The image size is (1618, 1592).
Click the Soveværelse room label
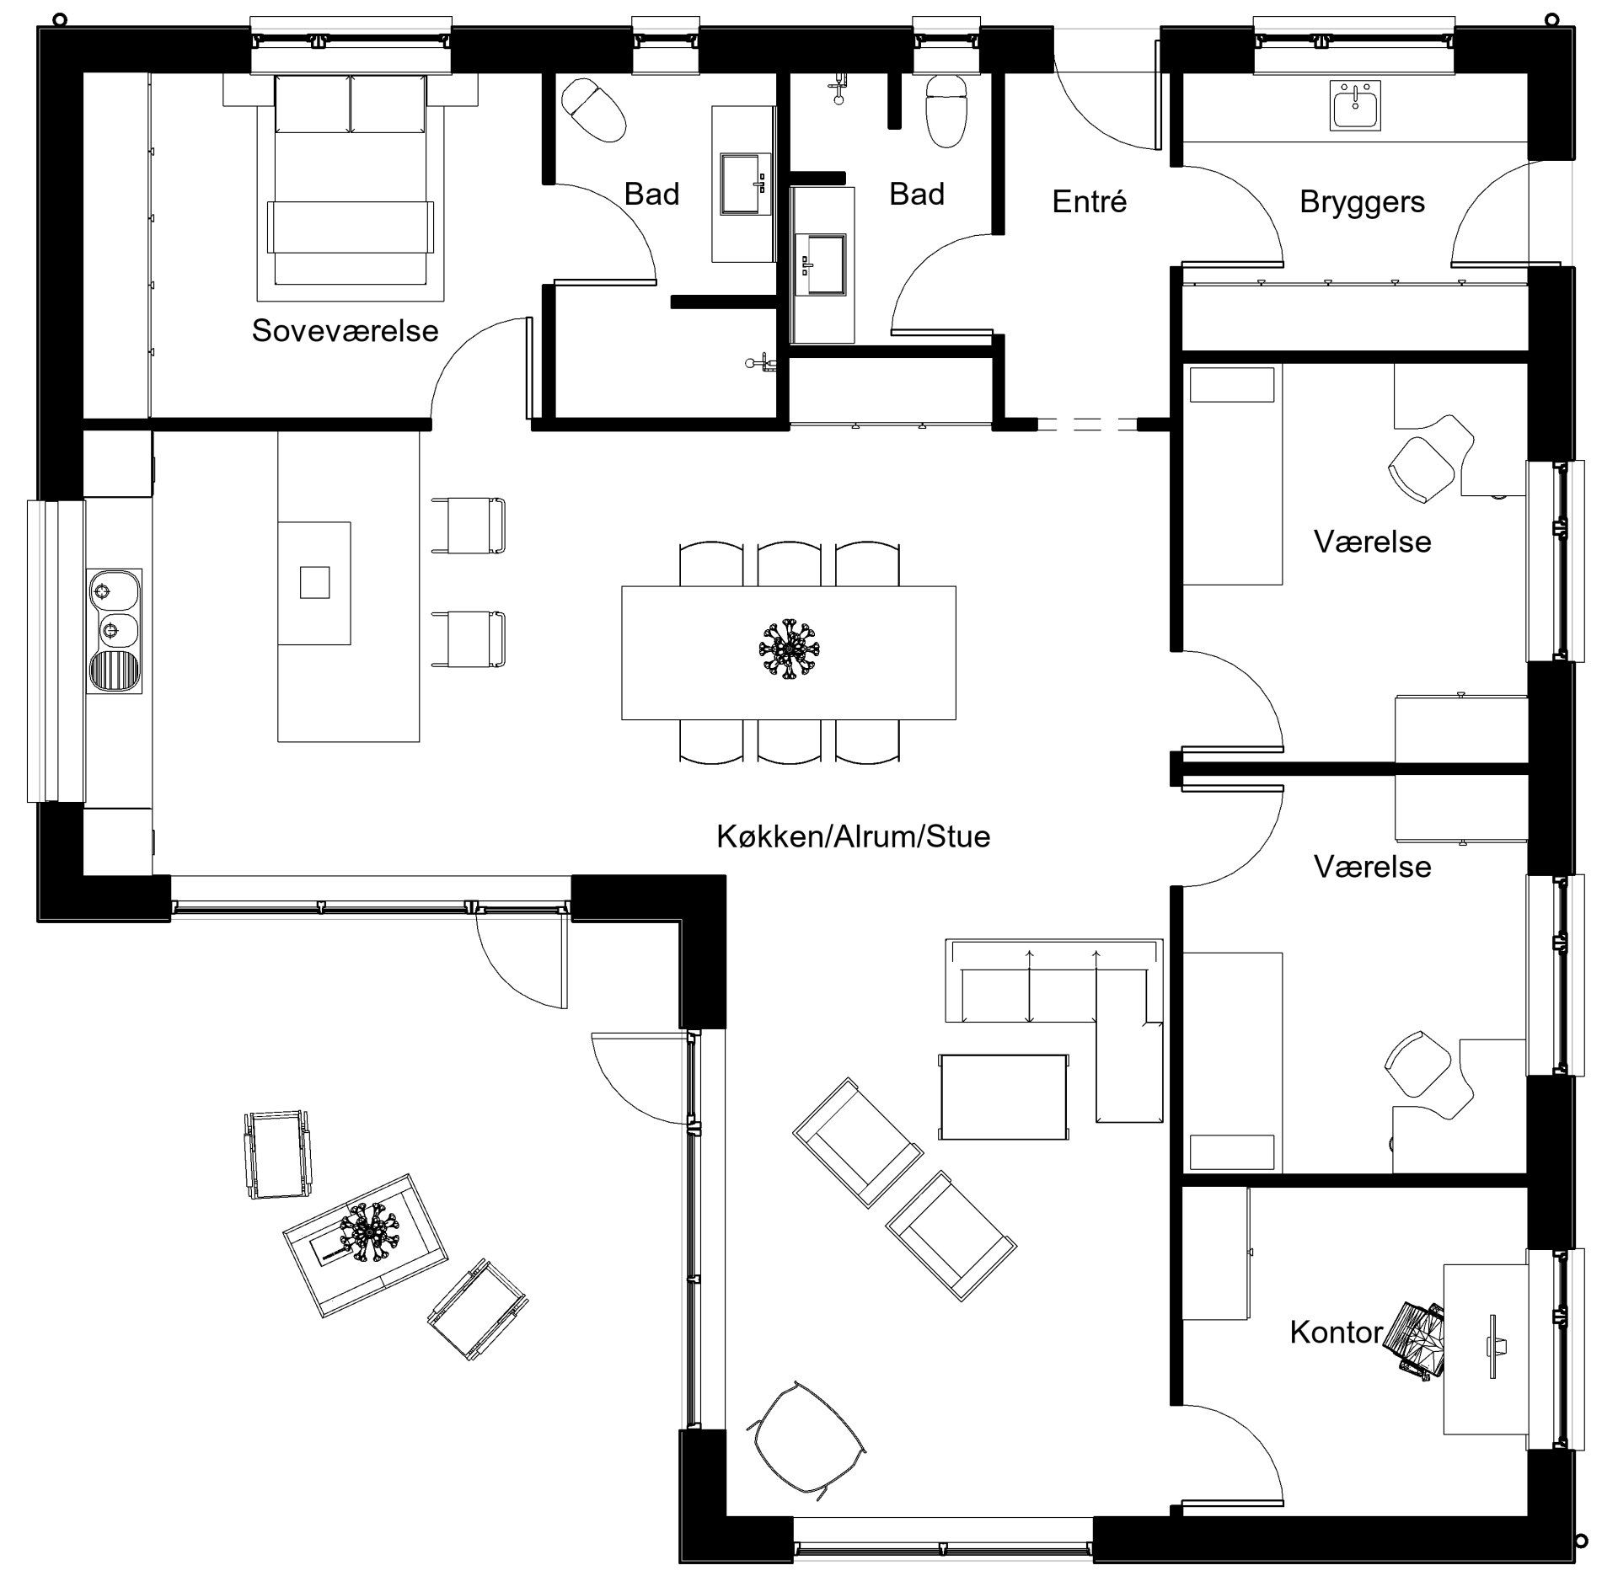345,331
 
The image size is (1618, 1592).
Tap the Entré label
1089,202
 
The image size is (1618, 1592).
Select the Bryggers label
1362,202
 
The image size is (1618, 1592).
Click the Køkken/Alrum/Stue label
853,836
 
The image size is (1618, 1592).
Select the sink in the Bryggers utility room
1356,106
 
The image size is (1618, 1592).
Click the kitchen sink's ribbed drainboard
114,671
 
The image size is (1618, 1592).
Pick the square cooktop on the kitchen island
314,582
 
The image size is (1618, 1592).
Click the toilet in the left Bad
594,110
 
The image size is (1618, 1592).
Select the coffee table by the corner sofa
1004,1096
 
